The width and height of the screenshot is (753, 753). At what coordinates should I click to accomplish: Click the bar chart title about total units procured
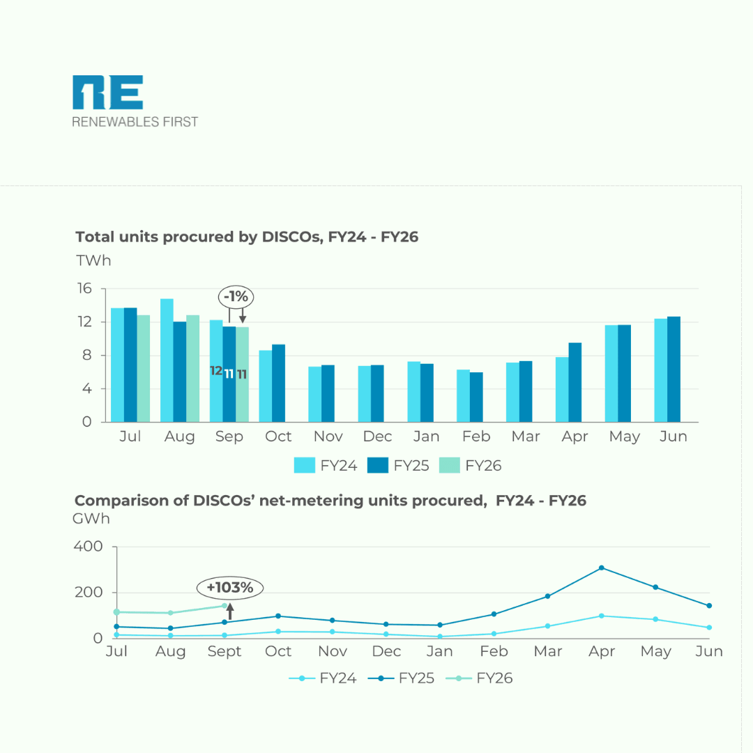tap(247, 237)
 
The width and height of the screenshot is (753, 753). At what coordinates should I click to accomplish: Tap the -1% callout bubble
tap(236, 296)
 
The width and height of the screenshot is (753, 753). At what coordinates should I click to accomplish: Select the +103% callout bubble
tap(230, 588)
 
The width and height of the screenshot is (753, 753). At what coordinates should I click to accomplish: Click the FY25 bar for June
tap(674, 369)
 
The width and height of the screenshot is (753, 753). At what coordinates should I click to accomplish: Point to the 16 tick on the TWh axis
tap(85, 289)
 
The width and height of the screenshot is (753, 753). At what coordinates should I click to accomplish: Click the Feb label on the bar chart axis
tap(476, 437)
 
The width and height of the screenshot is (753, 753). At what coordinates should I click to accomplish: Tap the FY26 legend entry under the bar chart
tap(471, 466)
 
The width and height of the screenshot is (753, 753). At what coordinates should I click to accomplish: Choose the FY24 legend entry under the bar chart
tap(326, 466)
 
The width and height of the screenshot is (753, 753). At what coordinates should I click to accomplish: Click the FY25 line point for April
tap(601, 568)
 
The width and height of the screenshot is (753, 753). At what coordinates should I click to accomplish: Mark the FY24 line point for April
tap(601, 616)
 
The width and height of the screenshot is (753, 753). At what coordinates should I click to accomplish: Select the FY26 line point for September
tap(225, 606)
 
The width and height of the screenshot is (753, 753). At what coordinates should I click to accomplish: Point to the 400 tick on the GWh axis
tap(88, 547)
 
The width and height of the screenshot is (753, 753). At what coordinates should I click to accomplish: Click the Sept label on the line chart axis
tap(224, 652)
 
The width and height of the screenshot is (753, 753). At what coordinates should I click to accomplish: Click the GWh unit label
tap(91, 519)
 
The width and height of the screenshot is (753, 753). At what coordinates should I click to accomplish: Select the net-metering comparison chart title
tap(330, 501)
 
